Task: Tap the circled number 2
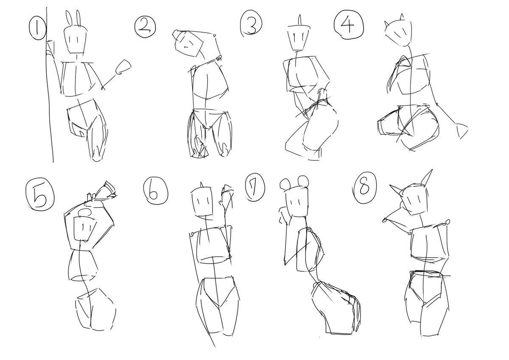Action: point(145,27)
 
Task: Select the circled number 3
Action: point(251,23)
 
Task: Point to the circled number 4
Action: point(348,25)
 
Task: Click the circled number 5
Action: point(40,197)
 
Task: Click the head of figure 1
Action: point(75,40)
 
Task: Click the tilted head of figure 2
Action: point(188,44)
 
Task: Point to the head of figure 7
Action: point(297,202)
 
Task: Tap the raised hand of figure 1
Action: point(123,67)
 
